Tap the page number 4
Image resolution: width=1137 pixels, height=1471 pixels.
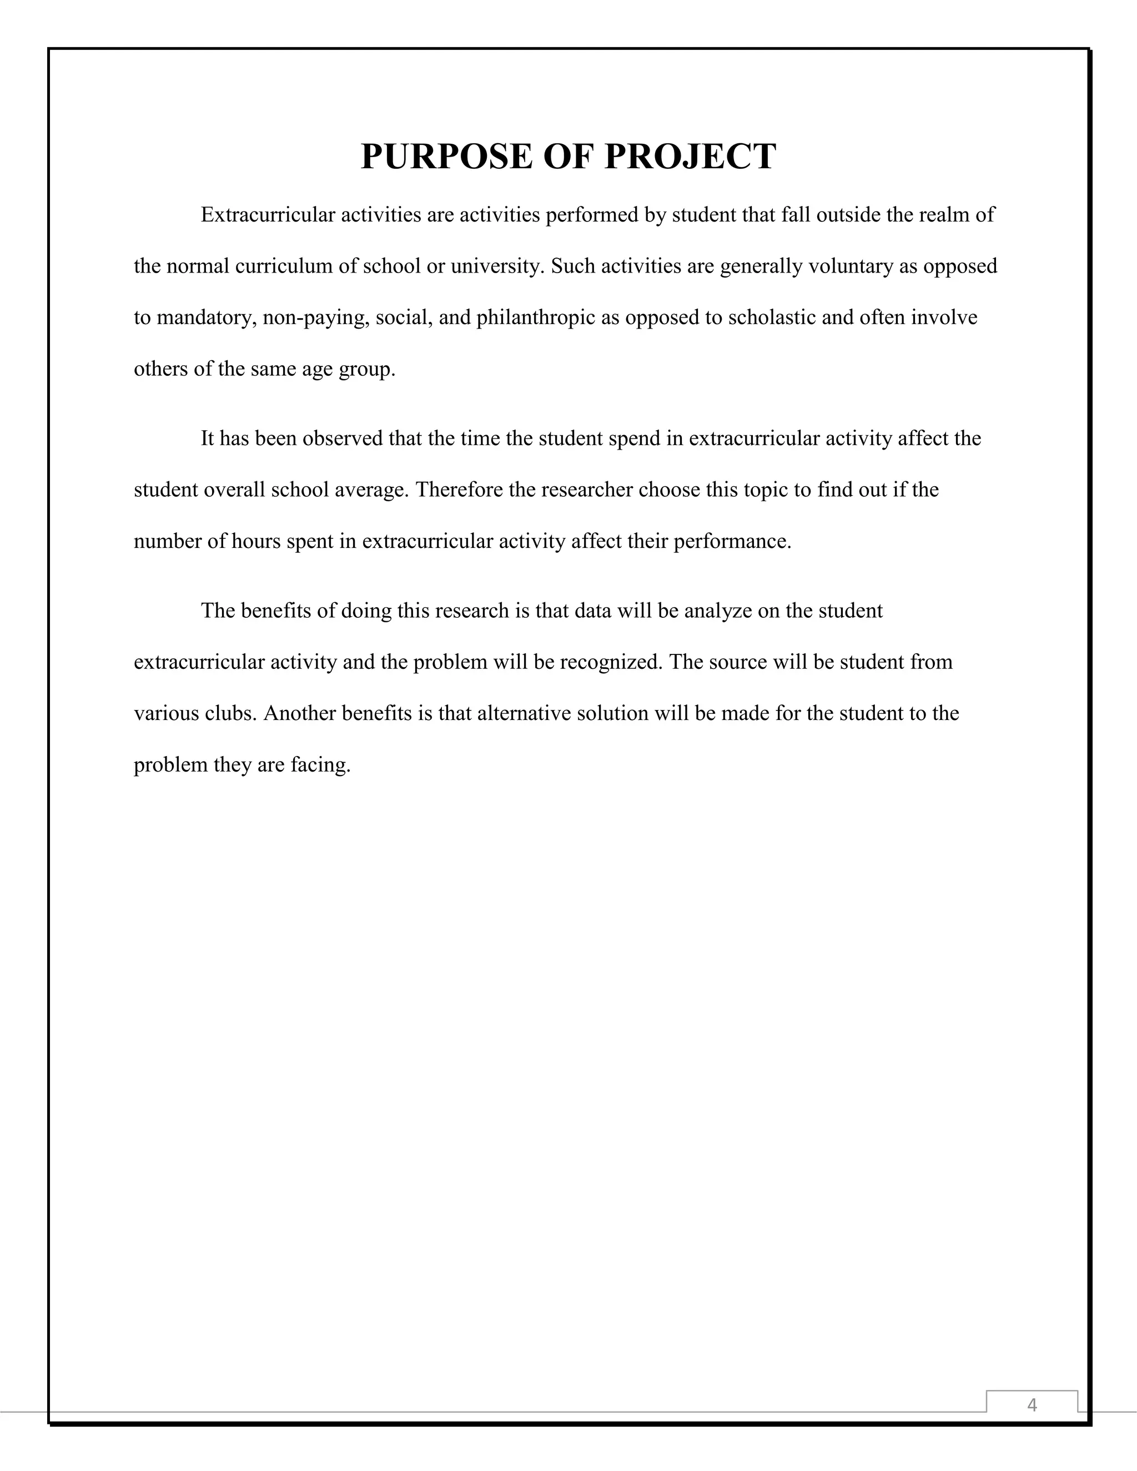[1032, 1404]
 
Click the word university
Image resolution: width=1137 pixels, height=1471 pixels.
[496, 266]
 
